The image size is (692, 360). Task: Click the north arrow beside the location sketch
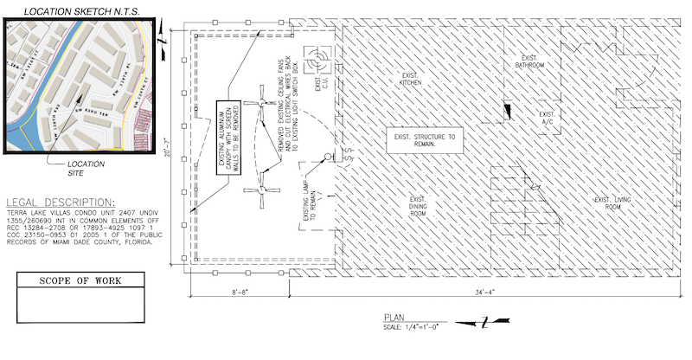coord(161,34)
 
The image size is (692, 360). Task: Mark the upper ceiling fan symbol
coord(259,103)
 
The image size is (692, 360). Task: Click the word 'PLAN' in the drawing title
coord(392,318)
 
